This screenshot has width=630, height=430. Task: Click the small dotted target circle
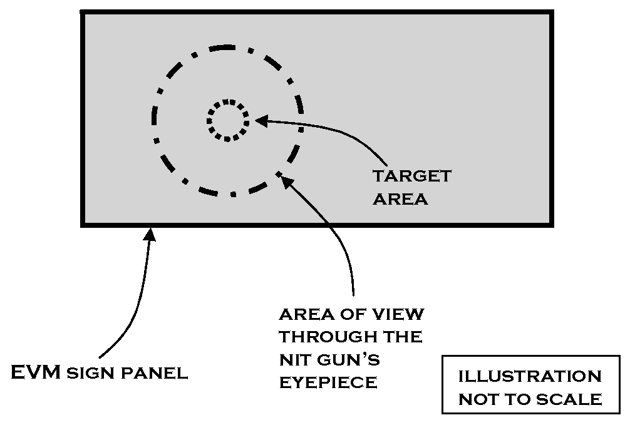point(228,120)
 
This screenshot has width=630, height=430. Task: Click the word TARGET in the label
point(411,176)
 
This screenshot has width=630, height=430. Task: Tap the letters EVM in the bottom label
point(36,373)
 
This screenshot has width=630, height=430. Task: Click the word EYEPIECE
point(328,382)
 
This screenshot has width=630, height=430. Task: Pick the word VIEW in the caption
point(405,314)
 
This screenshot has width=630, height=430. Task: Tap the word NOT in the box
point(482,399)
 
